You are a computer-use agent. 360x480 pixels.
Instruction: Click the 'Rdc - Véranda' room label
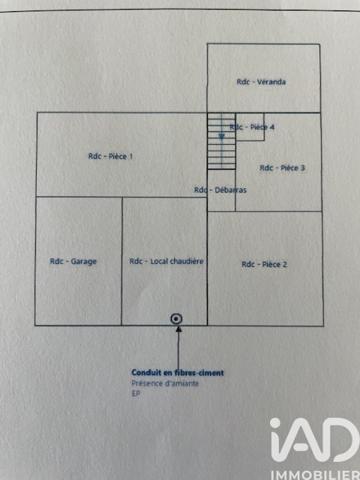click(x=261, y=81)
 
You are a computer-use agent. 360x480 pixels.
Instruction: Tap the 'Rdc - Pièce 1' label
click(x=110, y=155)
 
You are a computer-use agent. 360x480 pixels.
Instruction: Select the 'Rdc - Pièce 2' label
click(x=264, y=264)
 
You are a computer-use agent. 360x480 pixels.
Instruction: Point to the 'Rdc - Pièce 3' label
click(x=282, y=168)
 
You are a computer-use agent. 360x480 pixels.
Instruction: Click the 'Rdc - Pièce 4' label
click(x=252, y=127)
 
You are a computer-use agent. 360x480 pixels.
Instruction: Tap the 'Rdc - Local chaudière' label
click(x=166, y=262)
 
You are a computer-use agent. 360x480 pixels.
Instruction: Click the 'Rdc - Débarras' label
click(x=220, y=190)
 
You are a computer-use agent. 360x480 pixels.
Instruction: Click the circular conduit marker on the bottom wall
click(x=177, y=319)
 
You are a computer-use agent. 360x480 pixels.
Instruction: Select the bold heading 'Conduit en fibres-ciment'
click(x=177, y=373)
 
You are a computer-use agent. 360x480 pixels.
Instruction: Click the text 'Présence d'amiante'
click(x=165, y=383)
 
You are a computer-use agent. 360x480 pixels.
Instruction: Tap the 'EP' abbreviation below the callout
click(x=136, y=393)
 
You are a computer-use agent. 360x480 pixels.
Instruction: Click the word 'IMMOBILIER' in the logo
click(x=313, y=467)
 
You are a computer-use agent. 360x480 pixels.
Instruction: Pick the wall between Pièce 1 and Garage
click(x=80, y=198)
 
